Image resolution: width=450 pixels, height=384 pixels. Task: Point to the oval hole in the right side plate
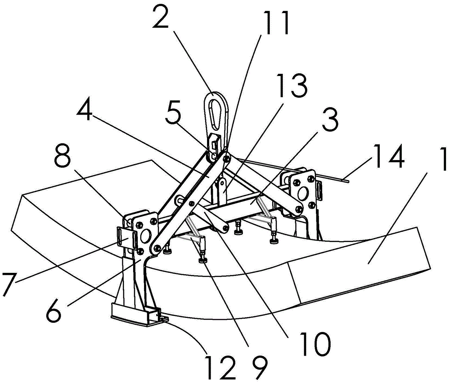(302, 194)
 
